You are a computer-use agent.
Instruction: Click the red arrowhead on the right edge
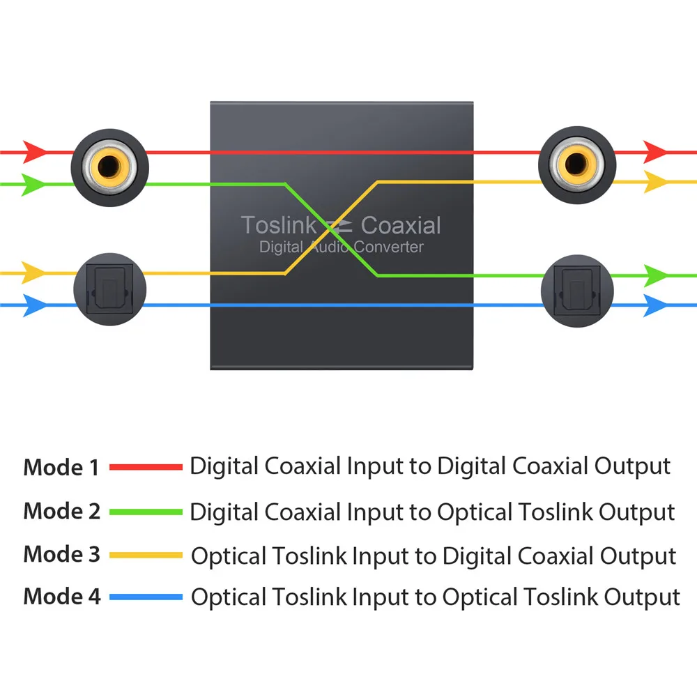654,151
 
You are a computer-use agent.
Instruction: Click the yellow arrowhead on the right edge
654,182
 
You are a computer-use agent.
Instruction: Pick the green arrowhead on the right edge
654,276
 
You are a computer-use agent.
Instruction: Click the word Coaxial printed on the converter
401,225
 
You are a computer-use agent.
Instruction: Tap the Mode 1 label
61,468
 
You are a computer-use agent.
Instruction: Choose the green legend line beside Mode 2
146,512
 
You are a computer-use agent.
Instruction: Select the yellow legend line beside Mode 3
146,555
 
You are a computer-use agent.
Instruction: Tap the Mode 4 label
61,597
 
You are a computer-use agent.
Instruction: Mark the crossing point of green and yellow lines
331,229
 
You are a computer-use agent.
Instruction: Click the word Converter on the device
389,247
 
